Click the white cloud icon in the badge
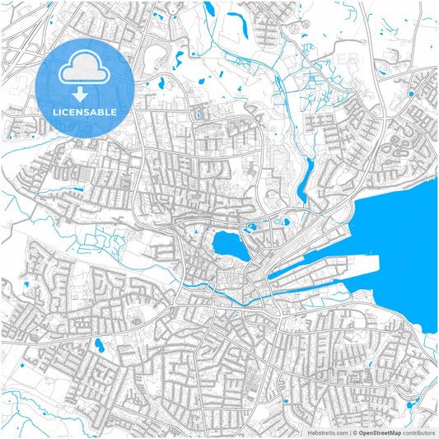(85, 68)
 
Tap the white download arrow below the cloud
(86, 93)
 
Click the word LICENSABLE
(86, 111)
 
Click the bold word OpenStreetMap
(378, 432)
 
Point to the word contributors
(418, 432)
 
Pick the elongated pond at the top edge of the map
(209, 10)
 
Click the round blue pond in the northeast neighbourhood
(411, 94)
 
